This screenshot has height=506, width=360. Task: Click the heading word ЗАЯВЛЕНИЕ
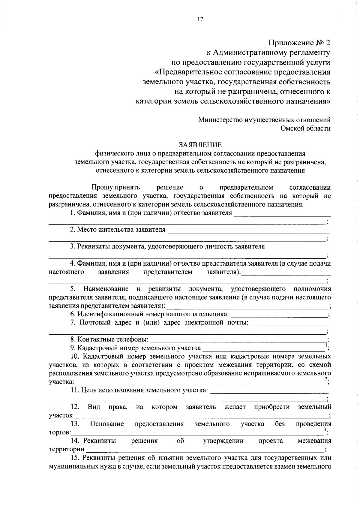tap(200, 145)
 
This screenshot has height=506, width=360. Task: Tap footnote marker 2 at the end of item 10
tap(326, 379)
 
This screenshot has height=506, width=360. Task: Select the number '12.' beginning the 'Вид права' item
tap(75, 407)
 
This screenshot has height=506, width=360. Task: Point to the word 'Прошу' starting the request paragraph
tap(102, 188)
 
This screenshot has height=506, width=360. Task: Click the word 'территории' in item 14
tap(67, 449)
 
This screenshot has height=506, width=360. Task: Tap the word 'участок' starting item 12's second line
tap(61, 416)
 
